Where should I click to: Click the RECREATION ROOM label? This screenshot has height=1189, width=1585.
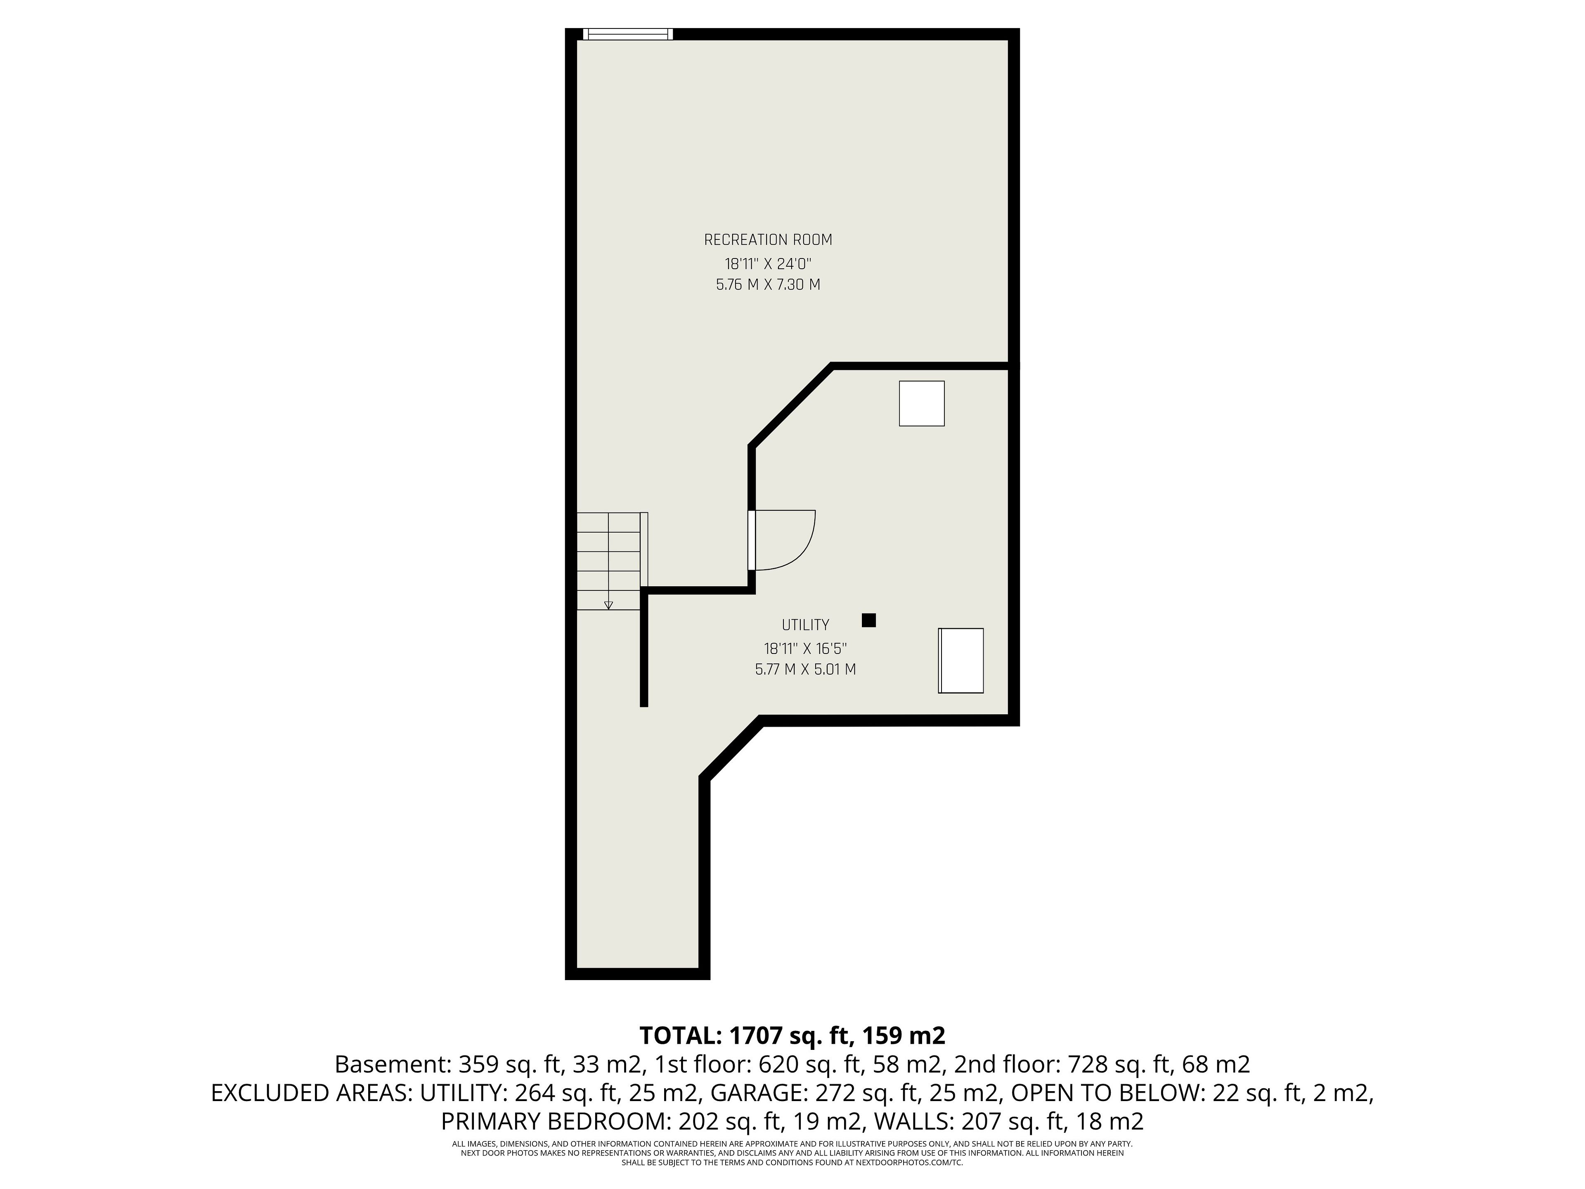(x=768, y=239)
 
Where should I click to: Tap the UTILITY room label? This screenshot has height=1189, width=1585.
(x=805, y=625)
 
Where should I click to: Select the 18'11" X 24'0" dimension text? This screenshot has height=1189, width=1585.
(x=768, y=263)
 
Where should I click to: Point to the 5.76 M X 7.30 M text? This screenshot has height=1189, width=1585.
(x=768, y=284)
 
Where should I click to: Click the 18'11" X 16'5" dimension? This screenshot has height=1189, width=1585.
(x=805, y=649)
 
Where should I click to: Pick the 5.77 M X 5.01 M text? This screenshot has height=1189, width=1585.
(x=805, y=669)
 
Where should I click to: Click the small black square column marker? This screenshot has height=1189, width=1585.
(x=868, y=620)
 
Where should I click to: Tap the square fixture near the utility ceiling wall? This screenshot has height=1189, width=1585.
(x=921, y=403)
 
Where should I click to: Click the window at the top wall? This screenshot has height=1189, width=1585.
(x=628, y=34)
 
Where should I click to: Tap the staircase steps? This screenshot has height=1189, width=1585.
(x=609, y=561)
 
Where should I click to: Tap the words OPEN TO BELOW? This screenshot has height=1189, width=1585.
(x=1109, y=1093)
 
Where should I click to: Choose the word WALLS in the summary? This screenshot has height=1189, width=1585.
(x=924, y=1121)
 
